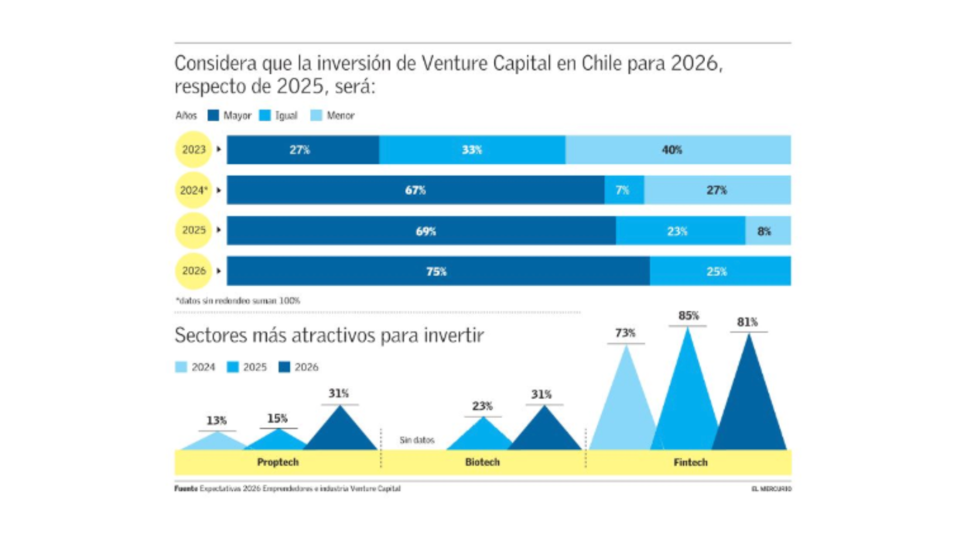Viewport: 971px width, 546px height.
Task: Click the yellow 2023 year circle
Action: (193, 149)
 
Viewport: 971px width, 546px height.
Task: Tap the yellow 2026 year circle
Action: (193, 271)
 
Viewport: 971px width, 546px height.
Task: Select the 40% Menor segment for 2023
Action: (678, 150)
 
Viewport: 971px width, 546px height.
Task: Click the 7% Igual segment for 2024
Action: (624, 190)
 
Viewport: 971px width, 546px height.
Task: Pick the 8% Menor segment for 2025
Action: (768, 231)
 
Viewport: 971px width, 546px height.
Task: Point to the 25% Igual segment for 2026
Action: (720, 271)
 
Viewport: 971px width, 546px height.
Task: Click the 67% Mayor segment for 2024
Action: (415, 190)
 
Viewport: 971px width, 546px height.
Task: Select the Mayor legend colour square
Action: (213, 116)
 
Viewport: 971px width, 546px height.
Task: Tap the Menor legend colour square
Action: (316, 116)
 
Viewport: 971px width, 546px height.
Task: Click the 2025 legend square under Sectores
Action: (233, 367)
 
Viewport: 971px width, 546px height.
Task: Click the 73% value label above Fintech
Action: (625, 333)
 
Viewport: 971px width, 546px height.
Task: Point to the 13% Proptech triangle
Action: (216, 441)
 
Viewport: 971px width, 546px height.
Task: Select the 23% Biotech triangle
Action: (482, 436)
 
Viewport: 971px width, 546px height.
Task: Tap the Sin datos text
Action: (417, 440)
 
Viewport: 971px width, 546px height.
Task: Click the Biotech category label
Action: (482, 462)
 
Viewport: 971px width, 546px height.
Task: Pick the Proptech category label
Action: (278, 462)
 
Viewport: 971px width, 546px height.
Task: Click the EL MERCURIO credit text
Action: (771, 489)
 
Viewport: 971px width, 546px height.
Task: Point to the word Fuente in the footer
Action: (186, 489)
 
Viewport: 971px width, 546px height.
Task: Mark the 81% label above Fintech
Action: (747, 322)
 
